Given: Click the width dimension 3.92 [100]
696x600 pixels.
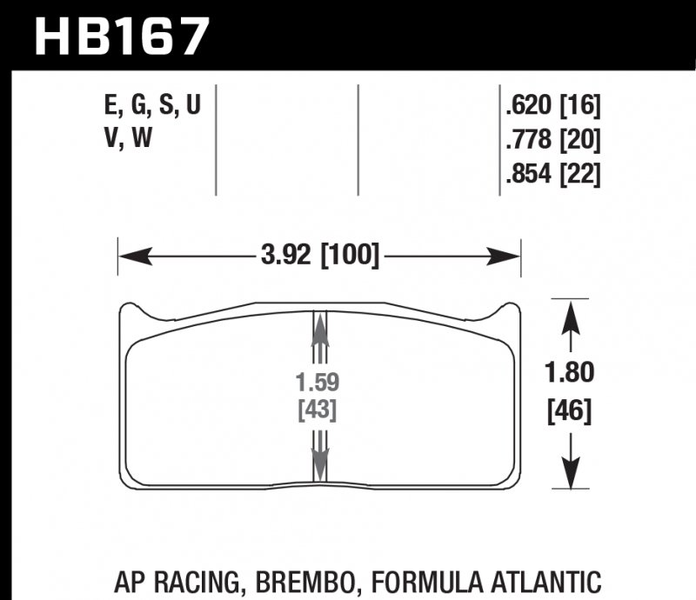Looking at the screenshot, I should click(x=319, y=257).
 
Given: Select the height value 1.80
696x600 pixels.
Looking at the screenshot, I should click(x=571, y=374).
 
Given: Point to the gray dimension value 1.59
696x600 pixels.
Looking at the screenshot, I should click(x=319, y=381).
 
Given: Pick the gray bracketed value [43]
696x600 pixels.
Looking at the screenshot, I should click(x=319, y=409).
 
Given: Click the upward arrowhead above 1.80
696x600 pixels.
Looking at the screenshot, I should click(x=570, y=315).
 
